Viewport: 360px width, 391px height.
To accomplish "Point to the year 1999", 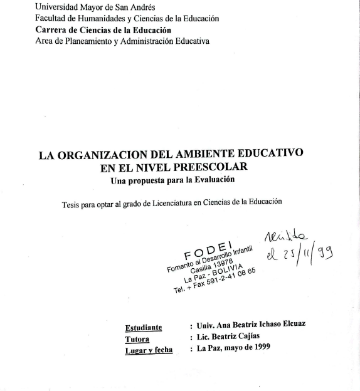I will pyautogui.click(x=257, y=349).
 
